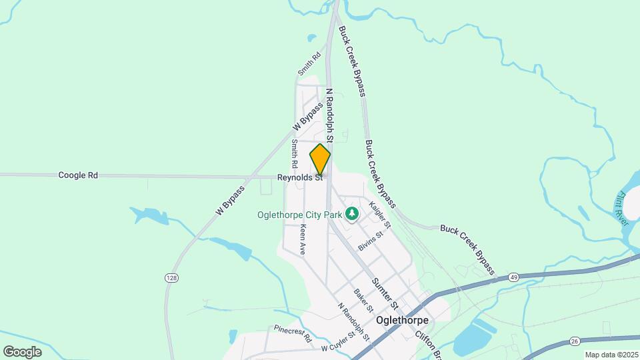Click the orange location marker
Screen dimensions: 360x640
(x=320, y=159)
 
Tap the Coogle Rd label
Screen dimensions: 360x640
(x=78, y=175)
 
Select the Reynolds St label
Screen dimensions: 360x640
(x=300, y=178)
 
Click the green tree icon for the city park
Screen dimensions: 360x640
(x=352, y=214)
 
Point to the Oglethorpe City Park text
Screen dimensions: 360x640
(x=299, y=215)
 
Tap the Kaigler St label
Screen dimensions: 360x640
(x=379, y=215)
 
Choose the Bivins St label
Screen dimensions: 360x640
(x=371, y=241)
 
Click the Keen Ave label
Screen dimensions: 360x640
(x=303, y=239)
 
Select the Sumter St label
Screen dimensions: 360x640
(x=385, y=294)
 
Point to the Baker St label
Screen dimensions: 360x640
(x=363, y=301)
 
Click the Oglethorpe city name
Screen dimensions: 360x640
(x=402, y=320)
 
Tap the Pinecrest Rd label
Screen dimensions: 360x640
(x=293, y=333)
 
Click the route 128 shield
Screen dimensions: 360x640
(x=171, y=277)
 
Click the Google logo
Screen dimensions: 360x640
(x=22, y=351)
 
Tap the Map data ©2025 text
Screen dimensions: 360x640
(x=611, y=355)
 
